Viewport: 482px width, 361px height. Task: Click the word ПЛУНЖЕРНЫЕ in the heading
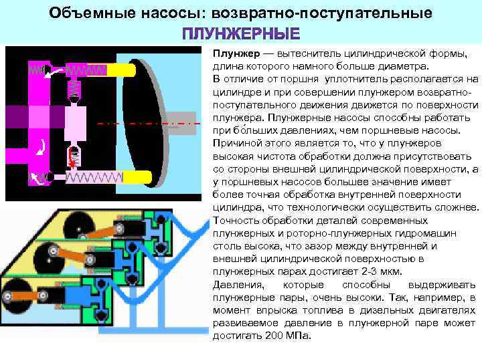(241, 33)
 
